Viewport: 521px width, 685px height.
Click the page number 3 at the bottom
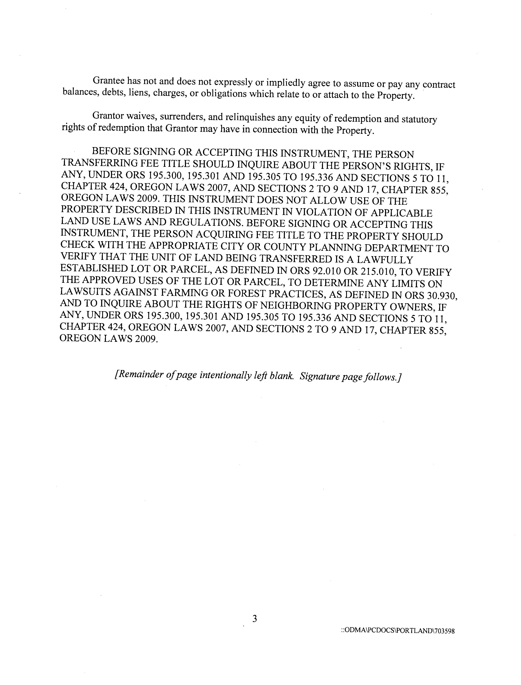(255, 619)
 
